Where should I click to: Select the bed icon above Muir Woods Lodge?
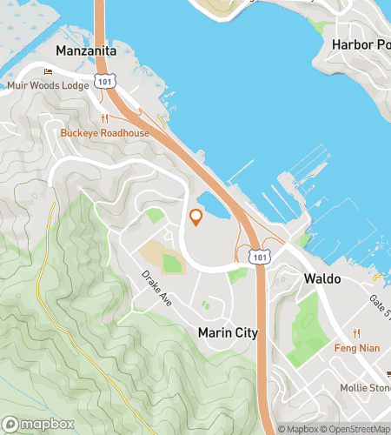coord(48,72)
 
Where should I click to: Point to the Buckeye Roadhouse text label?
coord(104,133)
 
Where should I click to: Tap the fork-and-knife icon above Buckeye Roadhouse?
coord(104,119)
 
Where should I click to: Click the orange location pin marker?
coord(195,217)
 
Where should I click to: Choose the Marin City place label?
coord(225,332)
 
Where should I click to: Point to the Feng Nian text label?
coord(356,347)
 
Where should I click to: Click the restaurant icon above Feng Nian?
coord(356,333)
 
